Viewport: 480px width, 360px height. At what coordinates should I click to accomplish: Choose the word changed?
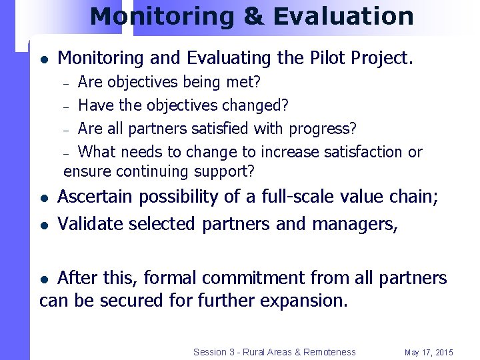pyautogui.click(x=256, y=105)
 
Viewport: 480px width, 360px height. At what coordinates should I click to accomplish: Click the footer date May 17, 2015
pyautogui.click(x=429, y=352)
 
